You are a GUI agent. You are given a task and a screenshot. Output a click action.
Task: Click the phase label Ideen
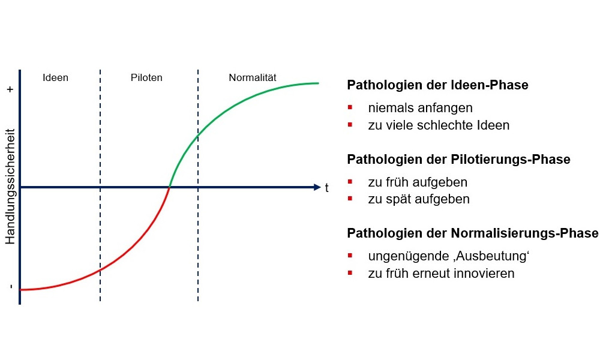click(55, 77)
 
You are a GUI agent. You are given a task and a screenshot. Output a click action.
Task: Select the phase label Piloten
click(146, 77)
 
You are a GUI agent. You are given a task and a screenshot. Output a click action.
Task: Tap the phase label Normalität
click(253, 77)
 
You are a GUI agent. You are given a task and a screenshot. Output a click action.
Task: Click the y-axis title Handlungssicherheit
click(10, 187)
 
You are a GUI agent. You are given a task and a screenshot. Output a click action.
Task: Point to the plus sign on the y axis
click(10, 89)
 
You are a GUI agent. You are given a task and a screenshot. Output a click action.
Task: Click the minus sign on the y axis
click(11, 286)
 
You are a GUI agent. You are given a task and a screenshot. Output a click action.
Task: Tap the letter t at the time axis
click(327, 188)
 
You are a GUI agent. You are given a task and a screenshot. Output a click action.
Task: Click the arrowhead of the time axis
click(317, 187)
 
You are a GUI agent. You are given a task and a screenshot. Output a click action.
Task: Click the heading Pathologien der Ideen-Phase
click(437, 85)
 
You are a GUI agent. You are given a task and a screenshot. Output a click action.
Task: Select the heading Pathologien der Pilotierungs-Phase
click(458, 159)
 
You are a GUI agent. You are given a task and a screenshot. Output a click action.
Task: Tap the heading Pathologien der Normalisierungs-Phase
click(473, 233)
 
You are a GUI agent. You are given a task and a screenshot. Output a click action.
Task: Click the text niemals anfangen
click(420, 108)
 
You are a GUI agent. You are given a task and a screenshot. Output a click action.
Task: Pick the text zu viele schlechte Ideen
click(439, 125)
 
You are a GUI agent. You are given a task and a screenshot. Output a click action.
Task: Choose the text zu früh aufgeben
click(418, 182)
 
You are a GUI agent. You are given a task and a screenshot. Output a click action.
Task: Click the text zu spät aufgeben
click(419, 199)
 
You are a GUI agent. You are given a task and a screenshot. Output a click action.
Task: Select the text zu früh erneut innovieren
click(441, 274)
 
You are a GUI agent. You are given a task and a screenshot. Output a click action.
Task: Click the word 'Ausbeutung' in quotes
click(491, 256)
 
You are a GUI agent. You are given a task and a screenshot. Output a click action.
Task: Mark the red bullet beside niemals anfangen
click(350, 107)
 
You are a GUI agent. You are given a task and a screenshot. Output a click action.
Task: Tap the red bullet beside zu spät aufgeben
click(350, 199)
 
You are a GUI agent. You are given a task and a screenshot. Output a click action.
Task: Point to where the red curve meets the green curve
click(169, 187)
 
